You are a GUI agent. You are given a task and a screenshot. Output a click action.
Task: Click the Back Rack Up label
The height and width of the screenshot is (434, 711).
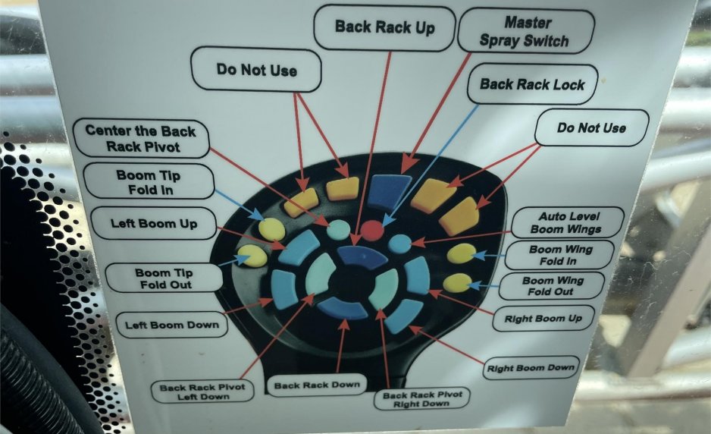(384, 28)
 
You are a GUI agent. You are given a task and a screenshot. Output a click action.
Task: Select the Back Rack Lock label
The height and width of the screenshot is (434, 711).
(532, 84)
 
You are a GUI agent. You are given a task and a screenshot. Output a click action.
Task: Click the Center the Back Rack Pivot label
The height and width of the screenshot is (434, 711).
(139, 137)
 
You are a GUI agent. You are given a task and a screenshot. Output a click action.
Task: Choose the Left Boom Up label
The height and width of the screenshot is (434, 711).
(154, 224)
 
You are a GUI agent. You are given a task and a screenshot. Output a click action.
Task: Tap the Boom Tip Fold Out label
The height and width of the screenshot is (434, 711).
(163, 278)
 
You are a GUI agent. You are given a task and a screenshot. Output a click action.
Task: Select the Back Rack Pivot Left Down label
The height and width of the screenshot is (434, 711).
(202, 392)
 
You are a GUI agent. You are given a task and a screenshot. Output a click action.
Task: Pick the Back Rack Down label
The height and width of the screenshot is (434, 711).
(316, 385)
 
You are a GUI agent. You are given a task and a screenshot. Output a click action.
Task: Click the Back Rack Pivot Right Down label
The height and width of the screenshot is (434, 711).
(421, 399)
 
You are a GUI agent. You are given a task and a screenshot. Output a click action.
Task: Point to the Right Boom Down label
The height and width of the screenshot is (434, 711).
(531, 368)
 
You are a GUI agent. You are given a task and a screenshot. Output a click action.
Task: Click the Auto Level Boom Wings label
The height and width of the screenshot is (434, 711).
(566, 222)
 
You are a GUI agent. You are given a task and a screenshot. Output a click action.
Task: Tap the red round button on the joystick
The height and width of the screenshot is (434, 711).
(372, 230)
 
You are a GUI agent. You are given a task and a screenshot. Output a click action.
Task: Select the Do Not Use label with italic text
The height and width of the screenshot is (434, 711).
(592, 127)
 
